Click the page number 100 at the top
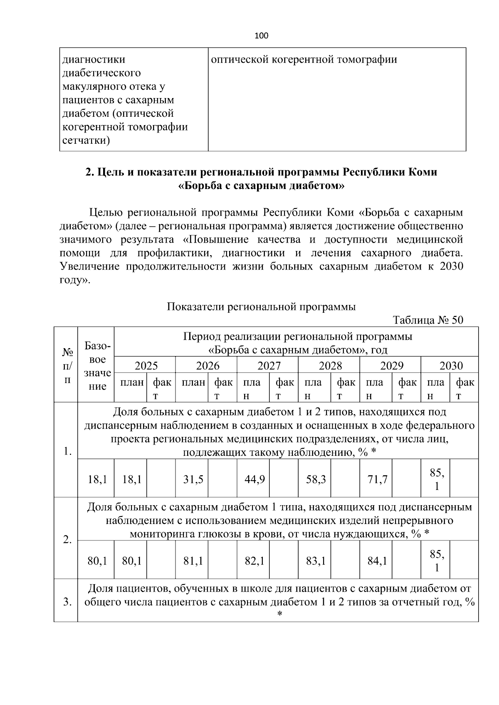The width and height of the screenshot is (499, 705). tap(261, 36)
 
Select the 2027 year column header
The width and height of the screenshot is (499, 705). tap(269, 366)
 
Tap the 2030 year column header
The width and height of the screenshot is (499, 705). tap(451, 366)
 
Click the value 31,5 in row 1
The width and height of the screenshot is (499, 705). tap(193, 479)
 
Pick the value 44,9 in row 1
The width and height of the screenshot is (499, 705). tap(255, 479)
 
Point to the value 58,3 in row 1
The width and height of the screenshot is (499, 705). tap(316, 479)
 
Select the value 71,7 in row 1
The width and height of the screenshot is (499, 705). tap(378, 479)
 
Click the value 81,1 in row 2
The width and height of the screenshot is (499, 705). tap(193, 561)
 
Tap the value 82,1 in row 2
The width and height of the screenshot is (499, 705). tap(255, 561)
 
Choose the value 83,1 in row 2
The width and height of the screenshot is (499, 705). tap(316, 561)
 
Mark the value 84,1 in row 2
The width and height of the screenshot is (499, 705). tap(378, 561)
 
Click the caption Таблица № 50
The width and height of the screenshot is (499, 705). tap(428, 320)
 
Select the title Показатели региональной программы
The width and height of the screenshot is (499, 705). tap(261, 307)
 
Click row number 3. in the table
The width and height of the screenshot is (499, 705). tap(67, 602)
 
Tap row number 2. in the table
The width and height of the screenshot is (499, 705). tap(67, 540)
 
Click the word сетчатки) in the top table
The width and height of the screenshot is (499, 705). tap(86, 140)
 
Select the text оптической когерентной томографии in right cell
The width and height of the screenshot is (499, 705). tap(304, 59)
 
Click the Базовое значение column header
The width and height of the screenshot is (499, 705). tap(97, 366)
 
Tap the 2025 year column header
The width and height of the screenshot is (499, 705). tap(146, 366)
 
